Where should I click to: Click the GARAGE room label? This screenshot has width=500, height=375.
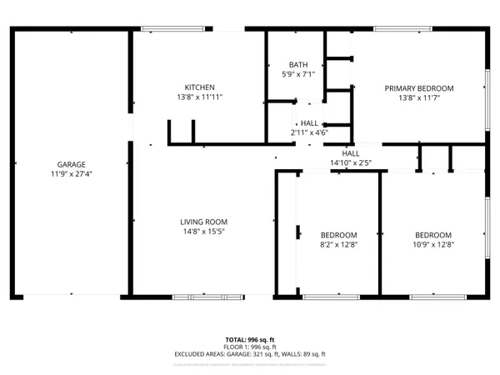click(x=71, y=164)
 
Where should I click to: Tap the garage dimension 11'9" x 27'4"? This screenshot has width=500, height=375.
click(x=71, y=174)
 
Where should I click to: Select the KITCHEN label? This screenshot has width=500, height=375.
click(x=200, y=87)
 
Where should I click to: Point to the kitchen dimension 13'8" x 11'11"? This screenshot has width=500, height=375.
click(x=200, y=97)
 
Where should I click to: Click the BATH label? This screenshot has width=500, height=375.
click(x=297, y=65)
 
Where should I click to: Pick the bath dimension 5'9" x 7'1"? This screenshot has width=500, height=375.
click(x=297, y=75)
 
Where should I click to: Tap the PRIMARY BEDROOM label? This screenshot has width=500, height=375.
click(x=418, y=88)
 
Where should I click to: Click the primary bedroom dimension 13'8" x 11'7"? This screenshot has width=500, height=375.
click(x=418, y=98)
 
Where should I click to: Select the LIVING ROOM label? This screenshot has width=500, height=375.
click(x=203, y=222)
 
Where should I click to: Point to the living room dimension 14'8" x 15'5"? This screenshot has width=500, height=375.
click(x=203, y=232)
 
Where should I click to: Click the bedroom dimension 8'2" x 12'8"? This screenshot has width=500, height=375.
click(x=339, y=245)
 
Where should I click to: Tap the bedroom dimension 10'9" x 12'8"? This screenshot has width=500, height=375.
click(x=433, y=245)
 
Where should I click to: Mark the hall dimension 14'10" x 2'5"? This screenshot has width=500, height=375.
click(x=350, y=163)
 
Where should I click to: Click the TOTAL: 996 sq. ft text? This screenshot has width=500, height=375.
click(x=250, y=340)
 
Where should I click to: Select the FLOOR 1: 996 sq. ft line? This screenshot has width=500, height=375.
click(x=250, y=347)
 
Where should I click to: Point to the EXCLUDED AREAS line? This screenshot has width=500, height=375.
click(x=250, y=354)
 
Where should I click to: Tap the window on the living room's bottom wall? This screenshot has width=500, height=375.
click(x=207, y=296)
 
